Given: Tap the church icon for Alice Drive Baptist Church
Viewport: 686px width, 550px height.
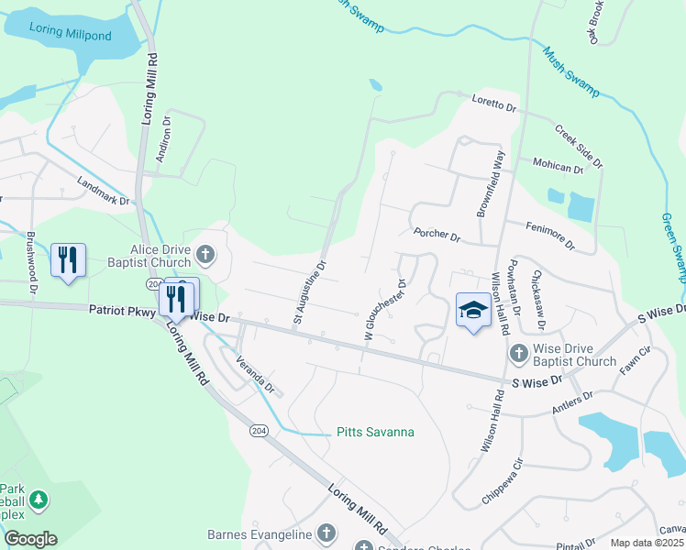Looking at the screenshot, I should [x=206, y=255].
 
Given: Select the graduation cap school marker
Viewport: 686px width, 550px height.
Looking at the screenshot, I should [x=473, y=310].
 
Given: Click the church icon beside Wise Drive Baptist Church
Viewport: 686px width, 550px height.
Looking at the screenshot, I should [x=518, y=353].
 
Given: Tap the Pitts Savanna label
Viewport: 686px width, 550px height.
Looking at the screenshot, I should [x=375, y=432].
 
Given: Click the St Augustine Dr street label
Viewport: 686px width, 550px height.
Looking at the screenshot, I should [x=310, y=293].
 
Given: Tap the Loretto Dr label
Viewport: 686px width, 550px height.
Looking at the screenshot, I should [x=494, y=103].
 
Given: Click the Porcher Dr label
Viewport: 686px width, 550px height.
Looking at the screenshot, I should [x=436, y=235].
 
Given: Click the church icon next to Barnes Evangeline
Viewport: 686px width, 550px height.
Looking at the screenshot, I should [x=326, y=533].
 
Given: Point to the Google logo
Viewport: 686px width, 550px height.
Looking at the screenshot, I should [x=30, y=539].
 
